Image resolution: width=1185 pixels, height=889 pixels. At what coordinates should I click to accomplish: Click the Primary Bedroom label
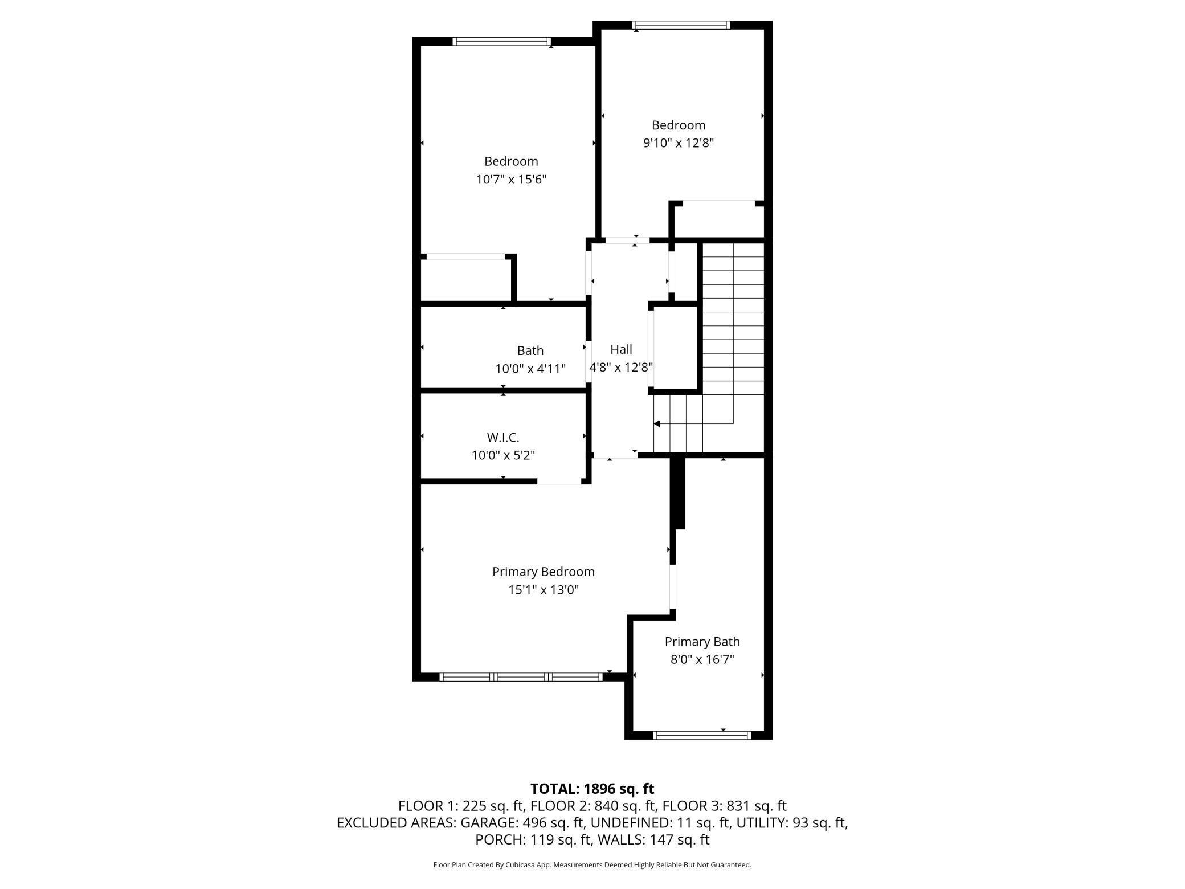pyautogui.click(x=543, y=572)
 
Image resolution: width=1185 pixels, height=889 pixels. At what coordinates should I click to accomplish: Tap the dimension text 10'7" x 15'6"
pyautogui.click(x=511, y=180)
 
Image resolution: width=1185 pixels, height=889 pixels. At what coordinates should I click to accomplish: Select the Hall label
pyautogui.click(x=621, y=349)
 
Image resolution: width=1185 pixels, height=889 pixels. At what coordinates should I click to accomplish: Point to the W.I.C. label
pyautogui.click(x=503, y=437)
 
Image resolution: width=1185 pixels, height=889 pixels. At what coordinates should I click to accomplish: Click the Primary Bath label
pyautogui.click(x=702, y=642)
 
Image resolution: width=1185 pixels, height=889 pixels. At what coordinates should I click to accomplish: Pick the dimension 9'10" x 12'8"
pyautogui.click(x=679, y=143)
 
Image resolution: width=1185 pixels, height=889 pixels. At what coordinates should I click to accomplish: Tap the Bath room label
pyautogui.click(x=530, y=350)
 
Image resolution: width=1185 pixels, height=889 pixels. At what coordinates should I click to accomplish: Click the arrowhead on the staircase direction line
pyautogui.click(x=657, y=424)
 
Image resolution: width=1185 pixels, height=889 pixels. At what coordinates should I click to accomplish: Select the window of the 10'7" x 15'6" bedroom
pyautogui.click(x=502, y=41)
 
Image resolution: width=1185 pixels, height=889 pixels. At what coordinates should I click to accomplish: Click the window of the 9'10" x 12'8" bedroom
pyautogui.click(x=681, y=25)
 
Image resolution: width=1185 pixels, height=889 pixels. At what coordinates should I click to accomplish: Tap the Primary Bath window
pyautogui.click(x=702, y=735)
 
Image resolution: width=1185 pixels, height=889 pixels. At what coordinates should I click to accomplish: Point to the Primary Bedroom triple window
pyautogui.click(x=521, y=677)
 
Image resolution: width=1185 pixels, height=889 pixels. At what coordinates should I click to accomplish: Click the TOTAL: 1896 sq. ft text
pyautogui.click(x=592, y=789)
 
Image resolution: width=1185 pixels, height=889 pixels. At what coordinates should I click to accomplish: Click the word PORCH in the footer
pyautogui.click(x=500, y=839)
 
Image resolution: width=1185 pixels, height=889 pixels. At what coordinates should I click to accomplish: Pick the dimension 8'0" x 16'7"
pyautogui.click(x=702, y=660)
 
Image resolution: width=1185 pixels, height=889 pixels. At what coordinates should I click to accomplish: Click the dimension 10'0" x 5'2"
pyautogui.click(x=503, y=455)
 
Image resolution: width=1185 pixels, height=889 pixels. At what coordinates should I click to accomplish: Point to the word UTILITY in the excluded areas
pyautogui.click(x=761, y=823)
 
